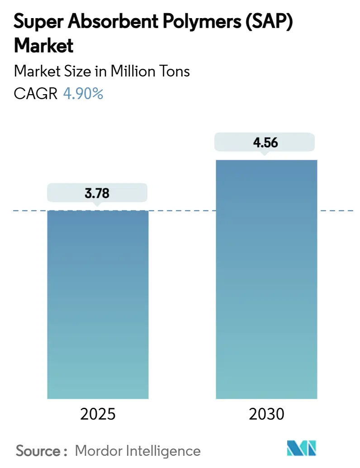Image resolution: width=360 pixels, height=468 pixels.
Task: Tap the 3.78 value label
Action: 97,194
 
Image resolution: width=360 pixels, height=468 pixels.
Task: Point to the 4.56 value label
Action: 265,143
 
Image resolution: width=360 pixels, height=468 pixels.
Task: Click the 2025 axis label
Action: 97,414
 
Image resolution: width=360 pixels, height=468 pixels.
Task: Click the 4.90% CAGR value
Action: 84,94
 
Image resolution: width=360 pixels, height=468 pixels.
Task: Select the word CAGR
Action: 36,94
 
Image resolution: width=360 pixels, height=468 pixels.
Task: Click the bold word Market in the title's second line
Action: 43,46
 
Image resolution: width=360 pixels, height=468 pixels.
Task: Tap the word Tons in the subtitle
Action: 175,72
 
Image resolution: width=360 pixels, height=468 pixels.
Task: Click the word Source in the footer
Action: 38,450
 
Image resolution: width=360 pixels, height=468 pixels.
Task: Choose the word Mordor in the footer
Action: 99,450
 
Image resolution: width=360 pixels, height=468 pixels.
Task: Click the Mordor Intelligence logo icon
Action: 302,449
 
